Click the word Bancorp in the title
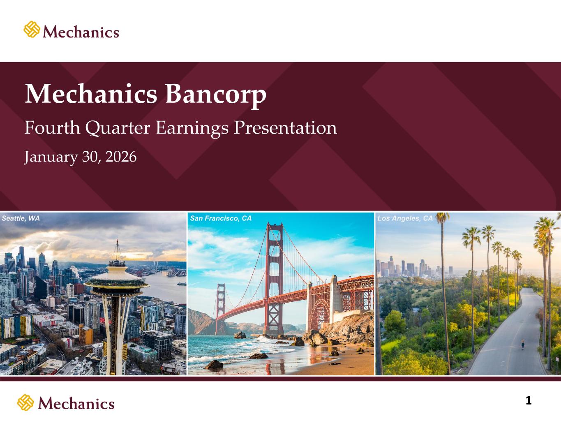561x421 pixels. pos(216,95)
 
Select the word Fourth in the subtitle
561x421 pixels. pos(52,127)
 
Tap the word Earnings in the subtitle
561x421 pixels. pos(192,128)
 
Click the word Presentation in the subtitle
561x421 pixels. pos(285,127)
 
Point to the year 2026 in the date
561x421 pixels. pos(121,157)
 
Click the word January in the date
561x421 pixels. pos(51,157)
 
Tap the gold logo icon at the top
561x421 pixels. pos(32,29)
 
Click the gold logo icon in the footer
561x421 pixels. pos(25,402)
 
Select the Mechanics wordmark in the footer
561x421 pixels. pos(76,404)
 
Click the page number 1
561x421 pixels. pos(529,400)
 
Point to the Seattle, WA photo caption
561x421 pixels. pos(21,218)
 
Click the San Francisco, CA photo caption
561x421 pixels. pos(221,218)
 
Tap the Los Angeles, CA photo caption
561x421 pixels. pos(405,218)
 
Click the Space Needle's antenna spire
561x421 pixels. pos(117,250)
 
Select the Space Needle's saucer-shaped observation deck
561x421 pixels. pos(117,282)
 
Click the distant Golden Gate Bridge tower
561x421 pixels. pos(221,308)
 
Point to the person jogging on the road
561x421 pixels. pos(523,344)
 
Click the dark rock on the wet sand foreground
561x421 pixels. pos(214,365)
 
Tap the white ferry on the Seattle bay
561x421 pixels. pos(182,284)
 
